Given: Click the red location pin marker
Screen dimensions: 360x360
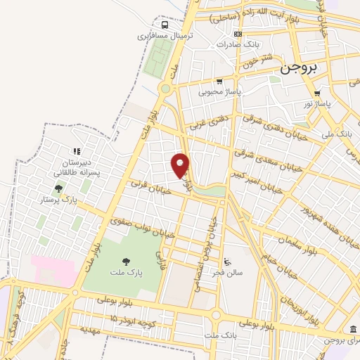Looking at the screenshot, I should (181, 165).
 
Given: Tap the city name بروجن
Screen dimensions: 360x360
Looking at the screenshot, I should (299, 68).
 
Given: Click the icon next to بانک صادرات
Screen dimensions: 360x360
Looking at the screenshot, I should (238, 33).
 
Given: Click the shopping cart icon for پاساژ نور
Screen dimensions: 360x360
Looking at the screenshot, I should (318, 92).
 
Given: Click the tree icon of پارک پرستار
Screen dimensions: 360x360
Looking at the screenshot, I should (58, 188).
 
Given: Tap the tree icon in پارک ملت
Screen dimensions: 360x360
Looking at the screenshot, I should (126, 261).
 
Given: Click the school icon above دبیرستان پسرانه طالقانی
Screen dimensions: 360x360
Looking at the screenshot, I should (77, 150).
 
